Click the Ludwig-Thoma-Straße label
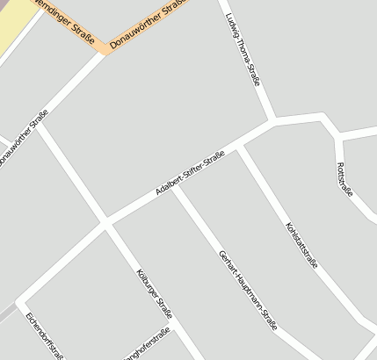coord(243,50)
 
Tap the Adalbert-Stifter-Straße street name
coord(189,173)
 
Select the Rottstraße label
coord(344,180)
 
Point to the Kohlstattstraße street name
coord(301,244)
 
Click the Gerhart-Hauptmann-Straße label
coord(247,290)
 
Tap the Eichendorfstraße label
coord(45,336)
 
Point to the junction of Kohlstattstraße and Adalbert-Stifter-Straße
coord(239,147)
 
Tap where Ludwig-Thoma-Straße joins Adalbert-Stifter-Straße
coord(274,121)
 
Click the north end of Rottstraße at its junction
coord(338,138)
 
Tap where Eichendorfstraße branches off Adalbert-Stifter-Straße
coord(18,301)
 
